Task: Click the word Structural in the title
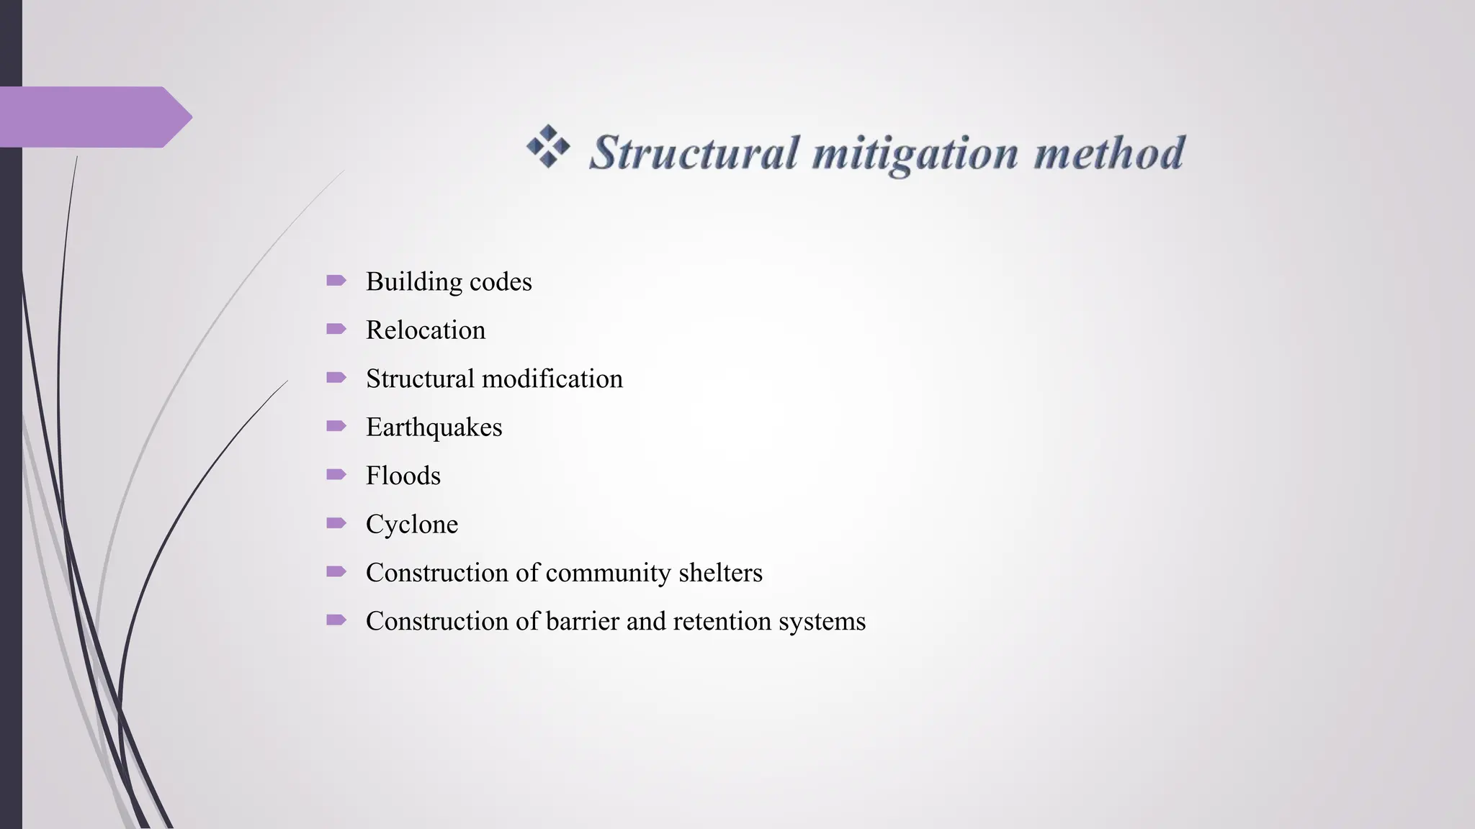point(694,153)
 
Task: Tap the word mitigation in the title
point(915,153)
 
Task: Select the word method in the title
point(1109,153)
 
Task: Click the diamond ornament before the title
point(548,146)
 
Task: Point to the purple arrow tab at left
point(94,117)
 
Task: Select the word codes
point(501,281)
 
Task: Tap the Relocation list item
point(426,330)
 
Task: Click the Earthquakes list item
point(434,427)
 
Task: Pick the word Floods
point(403,476)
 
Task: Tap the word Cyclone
point(412,524)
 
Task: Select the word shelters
point(720,573)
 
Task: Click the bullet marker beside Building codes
point(336,280)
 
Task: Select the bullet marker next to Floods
point(336,474)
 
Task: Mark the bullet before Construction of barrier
point(336,620)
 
